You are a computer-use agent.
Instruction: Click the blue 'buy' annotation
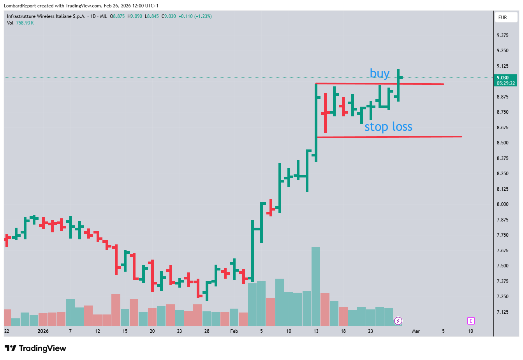click(x=379, y=74)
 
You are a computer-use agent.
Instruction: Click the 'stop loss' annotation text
click(x=388, y=127)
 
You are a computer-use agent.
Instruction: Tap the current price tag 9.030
click(x=505, y=80)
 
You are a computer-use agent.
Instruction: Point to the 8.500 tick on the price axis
click(x=502, y=143)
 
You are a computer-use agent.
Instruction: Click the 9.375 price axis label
click(x=502, y=35)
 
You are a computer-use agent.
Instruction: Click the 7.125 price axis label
click(x=502, y=312)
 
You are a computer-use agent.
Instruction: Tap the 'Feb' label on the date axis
click(x=234, y=331)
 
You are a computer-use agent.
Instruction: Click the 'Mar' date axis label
click(x=416, y=331)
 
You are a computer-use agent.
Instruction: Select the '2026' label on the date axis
click(x=43, y=331)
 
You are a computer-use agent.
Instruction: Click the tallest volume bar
click(x=316, y=286)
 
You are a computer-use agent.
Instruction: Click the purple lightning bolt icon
click(x=398, y=321)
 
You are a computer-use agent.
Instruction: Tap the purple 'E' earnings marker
click(x=471, y=321)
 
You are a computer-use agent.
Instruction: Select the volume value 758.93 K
click(x=25, y=23)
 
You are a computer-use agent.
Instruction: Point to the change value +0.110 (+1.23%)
click(x=195, y=16)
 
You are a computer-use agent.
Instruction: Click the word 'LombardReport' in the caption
click(x=19, y=6)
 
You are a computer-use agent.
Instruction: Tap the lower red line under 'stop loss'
click(x=389, y=137)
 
